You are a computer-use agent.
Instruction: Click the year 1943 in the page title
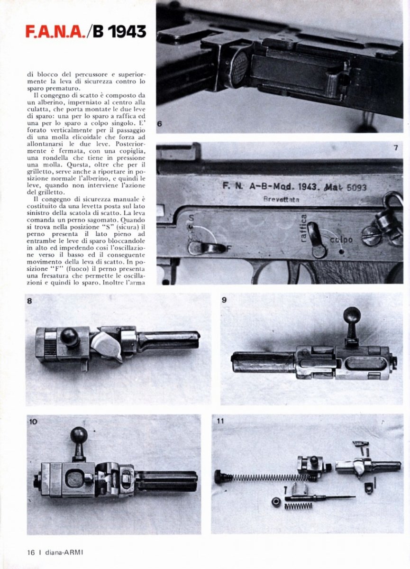click(x=126, y=32)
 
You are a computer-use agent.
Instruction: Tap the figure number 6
click(x=160, y=124)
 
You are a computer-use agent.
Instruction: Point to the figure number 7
click(x=395, y=148)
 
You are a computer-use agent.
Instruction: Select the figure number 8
click(x=30, y=300)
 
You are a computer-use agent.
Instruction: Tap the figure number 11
click(x=220, y=421)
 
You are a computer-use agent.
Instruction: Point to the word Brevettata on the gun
click(x=282, y=200)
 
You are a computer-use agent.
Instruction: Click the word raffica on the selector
click(x=303, y=228)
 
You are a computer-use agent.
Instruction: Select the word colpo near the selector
click(x=341, y=240)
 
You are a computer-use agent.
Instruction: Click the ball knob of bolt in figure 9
click(x=352, y=315)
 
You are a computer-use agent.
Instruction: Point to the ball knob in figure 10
click(x=79, y=435)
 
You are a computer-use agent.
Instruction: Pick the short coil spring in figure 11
click(x=298, y=506)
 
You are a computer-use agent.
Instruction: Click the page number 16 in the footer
click(x=31, y=552)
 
